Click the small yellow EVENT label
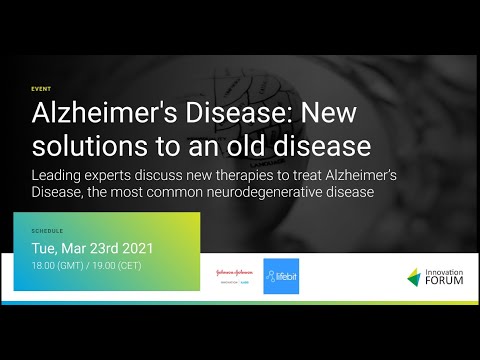[39, 88]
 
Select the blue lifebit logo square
[282, 276]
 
